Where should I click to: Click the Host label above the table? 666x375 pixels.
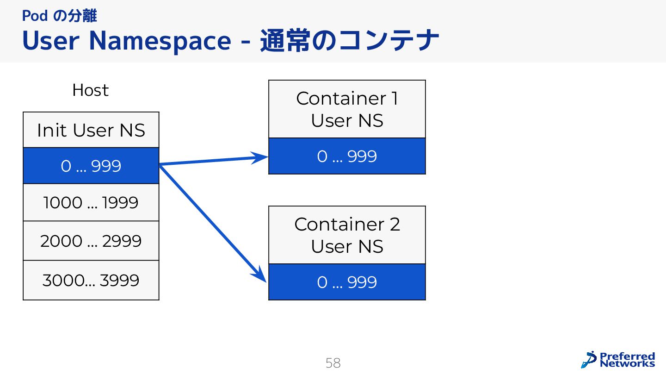tap(90, 90)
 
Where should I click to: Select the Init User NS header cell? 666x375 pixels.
tap(91, 130)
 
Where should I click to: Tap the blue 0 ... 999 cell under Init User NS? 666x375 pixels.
tap(91, 166)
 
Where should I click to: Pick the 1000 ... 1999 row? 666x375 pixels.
tap(91, 203)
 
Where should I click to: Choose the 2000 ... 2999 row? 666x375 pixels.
tap(91, 241)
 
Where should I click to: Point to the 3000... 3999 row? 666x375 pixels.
tap(91, 280)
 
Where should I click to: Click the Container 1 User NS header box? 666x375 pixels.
tap(347, 109)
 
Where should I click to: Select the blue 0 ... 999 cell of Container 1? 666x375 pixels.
tap(347, 156)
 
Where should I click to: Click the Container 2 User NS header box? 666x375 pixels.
tap(347, 235)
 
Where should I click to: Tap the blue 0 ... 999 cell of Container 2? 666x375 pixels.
tap(347, 282)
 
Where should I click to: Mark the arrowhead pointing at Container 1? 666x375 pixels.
tap(262, 157)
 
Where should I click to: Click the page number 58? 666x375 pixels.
tap(333, 363)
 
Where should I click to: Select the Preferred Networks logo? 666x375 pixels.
tap(618, 360)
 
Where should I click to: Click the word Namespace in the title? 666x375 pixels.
tap(160, 41)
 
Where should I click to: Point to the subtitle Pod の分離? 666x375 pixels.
tap(59, 16)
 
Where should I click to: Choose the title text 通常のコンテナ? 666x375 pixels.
tap(349, 41)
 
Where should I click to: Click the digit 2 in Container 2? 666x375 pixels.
tap(395, 225)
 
